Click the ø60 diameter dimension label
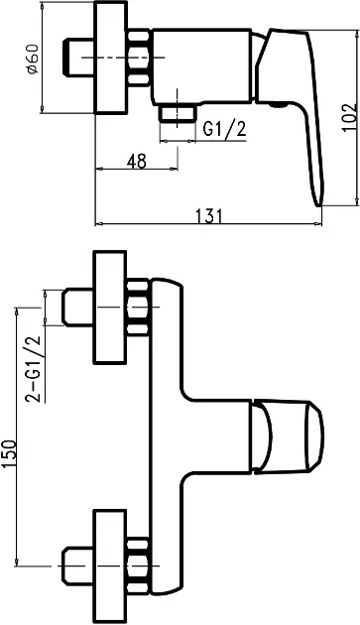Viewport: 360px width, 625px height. pos(33,59)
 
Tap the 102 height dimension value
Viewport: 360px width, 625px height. pos(350,117)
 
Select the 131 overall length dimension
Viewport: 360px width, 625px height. pos(208,215)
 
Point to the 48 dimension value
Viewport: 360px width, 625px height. pos(137,161)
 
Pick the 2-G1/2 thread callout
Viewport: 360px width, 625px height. pos(34,369)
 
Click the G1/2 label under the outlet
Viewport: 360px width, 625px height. pos(224,130)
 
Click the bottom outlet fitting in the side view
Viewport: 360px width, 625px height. pos(178,113)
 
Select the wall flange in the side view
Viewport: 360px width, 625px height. pos(111,58)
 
